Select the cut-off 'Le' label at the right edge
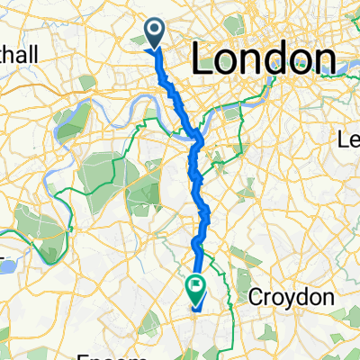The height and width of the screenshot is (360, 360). (347, 139)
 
